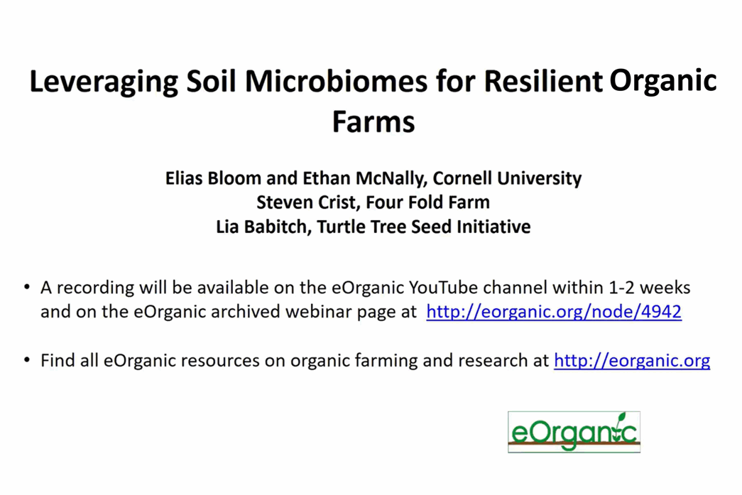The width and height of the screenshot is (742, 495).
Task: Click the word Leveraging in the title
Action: tap(104, 82)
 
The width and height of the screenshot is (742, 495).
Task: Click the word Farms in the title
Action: tap(373, 121)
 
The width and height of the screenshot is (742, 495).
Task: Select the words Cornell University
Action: tap(507, 179)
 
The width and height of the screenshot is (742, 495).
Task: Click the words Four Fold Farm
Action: tap(427, 202)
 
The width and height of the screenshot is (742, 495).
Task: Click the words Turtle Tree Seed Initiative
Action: tap(424, 227)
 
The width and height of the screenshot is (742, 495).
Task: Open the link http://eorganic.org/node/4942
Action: tap(554, 312)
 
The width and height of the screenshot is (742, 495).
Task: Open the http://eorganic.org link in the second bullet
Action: tap(632, 361)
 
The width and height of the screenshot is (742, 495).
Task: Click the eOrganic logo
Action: tap(574, 432)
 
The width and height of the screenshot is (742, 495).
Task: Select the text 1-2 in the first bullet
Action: tap(622, 287)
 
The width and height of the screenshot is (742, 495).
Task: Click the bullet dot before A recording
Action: tap(26, 287)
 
